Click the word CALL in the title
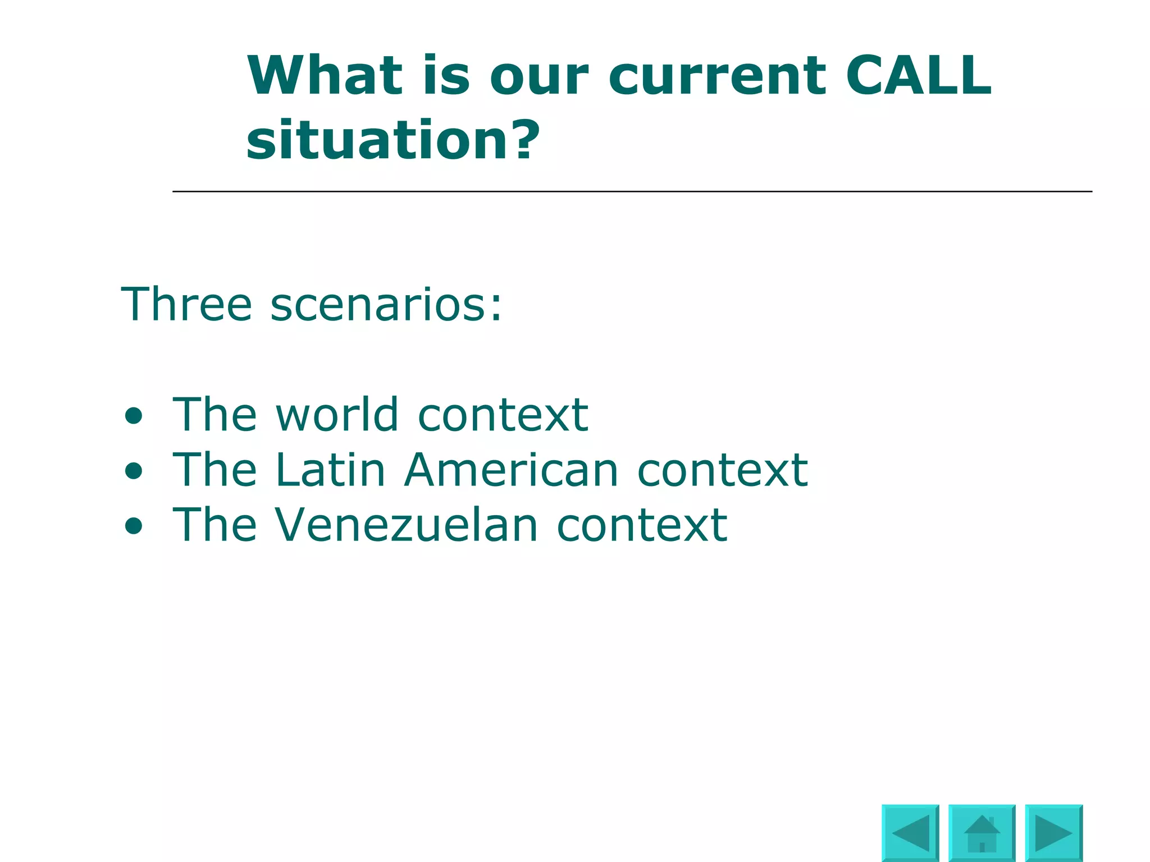919,76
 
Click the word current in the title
717,77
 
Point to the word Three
186,304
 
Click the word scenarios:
386,305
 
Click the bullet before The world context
134,416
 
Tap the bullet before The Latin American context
134,471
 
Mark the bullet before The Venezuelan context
134,526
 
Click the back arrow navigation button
910,833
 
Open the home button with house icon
982,833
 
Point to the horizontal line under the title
632,191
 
